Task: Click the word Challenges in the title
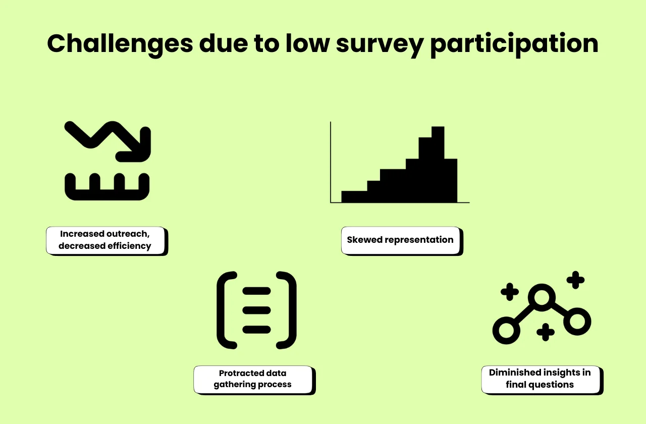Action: (x=120, y=43)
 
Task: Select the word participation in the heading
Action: (x=514, y=44)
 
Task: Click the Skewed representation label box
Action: (x=400, y=240)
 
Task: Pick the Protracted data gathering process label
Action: (x=253, y=379)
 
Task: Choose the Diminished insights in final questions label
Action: (x=540, y=379)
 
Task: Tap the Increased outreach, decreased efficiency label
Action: (x=105, y=240)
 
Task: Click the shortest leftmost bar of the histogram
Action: (x=354, y=196)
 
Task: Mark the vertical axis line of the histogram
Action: (x=331, y=162)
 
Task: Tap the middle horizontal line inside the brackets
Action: (x=256, y=310)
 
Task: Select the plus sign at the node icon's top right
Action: (x=575, y=280)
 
